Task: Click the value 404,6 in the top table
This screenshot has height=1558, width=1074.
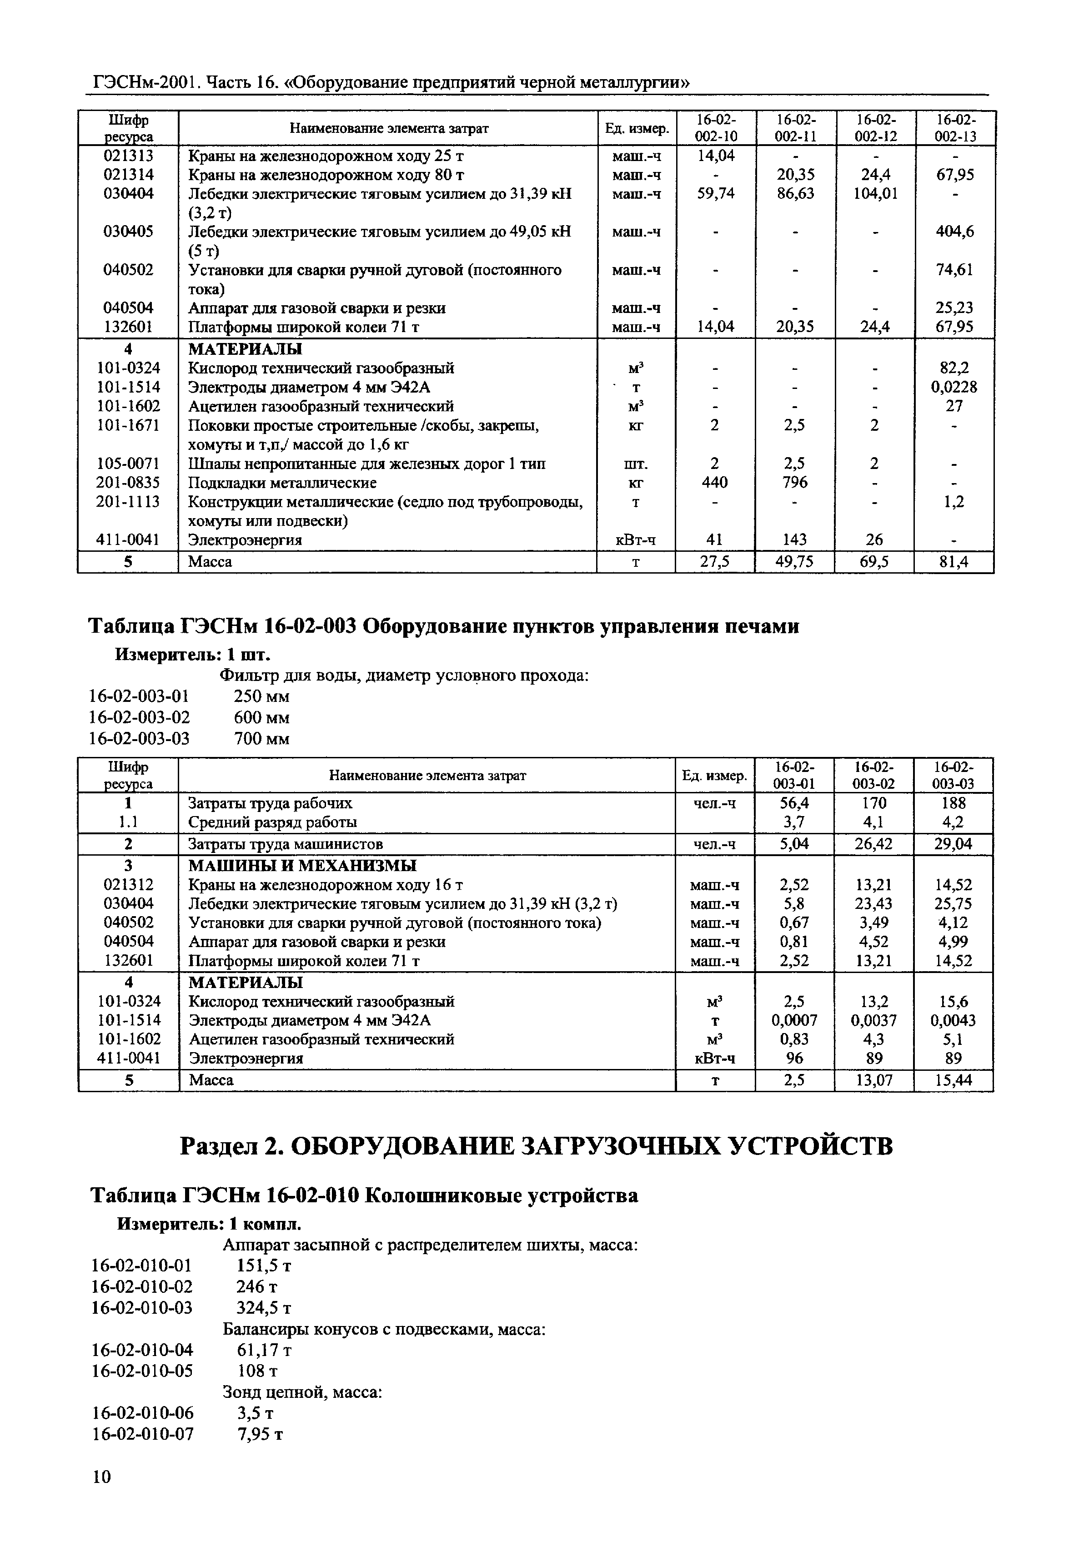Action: [x=954, y=232]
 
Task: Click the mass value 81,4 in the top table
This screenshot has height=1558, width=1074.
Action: [x=954, y=561]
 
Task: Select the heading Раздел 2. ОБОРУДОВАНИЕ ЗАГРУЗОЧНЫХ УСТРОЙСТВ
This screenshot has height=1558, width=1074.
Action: [x=537, y=1145]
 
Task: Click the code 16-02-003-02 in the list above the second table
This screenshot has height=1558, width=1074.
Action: [x=139, y=717]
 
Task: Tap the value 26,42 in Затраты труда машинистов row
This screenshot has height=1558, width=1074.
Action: [x=873, y=844]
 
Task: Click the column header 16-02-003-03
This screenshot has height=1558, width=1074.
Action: [x=953, y=775]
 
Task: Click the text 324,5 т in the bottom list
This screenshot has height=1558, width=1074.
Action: [x=264, y=1308]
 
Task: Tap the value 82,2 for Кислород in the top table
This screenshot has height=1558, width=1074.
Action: [x=954, y=368]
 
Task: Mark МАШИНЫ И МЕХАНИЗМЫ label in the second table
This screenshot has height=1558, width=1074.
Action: [x=301, y=865]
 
